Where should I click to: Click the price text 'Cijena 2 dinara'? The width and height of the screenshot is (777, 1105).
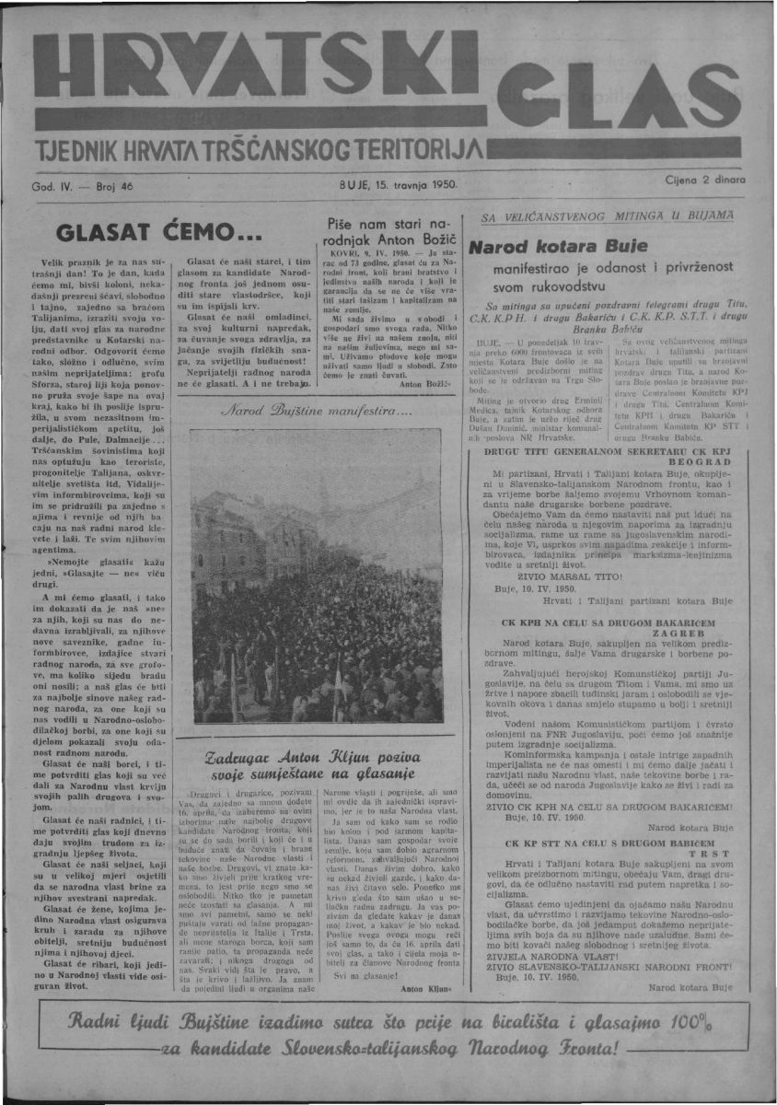click(x=703, y=181)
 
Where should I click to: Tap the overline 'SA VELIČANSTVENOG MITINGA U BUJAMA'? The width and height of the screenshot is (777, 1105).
click(x=609, y=215)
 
